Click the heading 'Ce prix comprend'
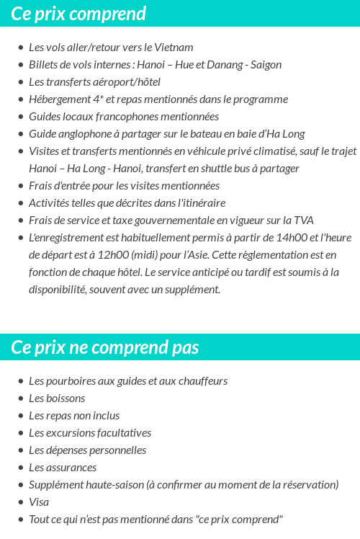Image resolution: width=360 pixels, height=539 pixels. pyautogui.click(x=78, y=14)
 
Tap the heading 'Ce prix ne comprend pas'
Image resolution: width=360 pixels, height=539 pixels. pyautogui.click(x=105, y=347)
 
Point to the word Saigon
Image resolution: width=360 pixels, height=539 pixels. pyautogui.click(x=265, y=65)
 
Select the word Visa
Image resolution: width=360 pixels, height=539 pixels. pyautogui.click(x=39, y=502)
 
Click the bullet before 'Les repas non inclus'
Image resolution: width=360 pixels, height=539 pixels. pyautogui.click(x=20, y=416)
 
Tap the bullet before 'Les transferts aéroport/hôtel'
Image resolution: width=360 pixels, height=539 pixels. pyautogui.click(x=20, y=82)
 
